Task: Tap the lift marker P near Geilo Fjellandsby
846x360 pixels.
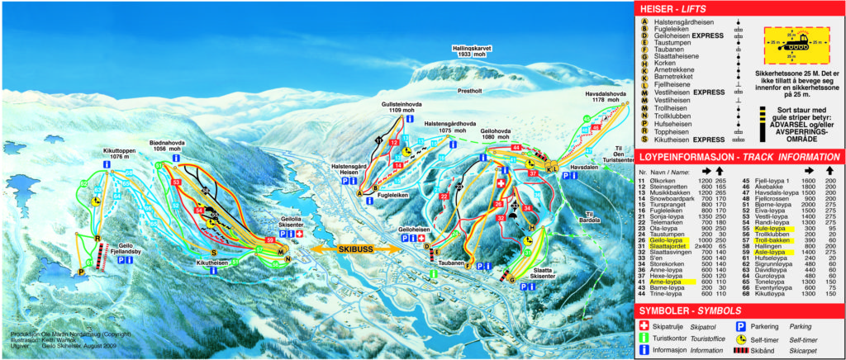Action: click(81, 271)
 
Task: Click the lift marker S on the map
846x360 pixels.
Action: click(214, 252)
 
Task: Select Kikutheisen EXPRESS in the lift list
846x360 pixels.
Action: click(691, 140)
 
